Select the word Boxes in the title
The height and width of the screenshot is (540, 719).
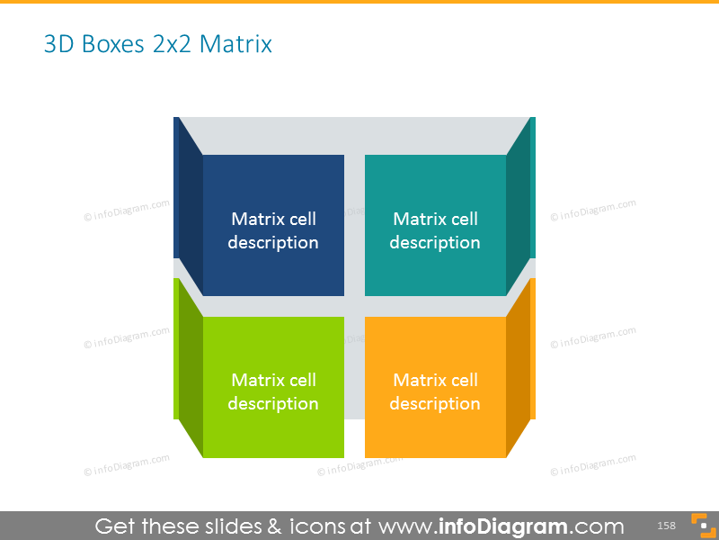click(111, 43)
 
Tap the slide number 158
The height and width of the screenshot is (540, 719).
click(666, 526)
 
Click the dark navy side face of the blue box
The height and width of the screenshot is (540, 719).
click(189, 207)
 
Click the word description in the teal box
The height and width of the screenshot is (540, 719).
click(435, 243)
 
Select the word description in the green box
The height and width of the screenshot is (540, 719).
click(273, 404)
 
